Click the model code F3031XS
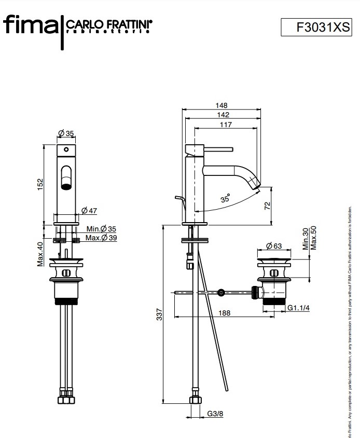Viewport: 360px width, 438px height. [x=316, y=27]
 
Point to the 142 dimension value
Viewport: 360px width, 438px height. [x=223, y=115]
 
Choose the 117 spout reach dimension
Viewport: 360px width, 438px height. [x=225, y=125]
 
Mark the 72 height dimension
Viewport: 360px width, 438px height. [x=267, y=206]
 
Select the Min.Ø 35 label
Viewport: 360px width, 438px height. [x=101, y=229]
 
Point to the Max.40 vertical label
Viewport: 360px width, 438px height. [x=40, y=254]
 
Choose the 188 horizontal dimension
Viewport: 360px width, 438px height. [x=224, y=312]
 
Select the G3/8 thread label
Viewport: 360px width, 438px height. [x=214, y=414]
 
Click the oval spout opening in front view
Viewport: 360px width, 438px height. [x=66, y=177]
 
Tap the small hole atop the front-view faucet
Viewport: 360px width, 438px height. [x=66, y=149]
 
